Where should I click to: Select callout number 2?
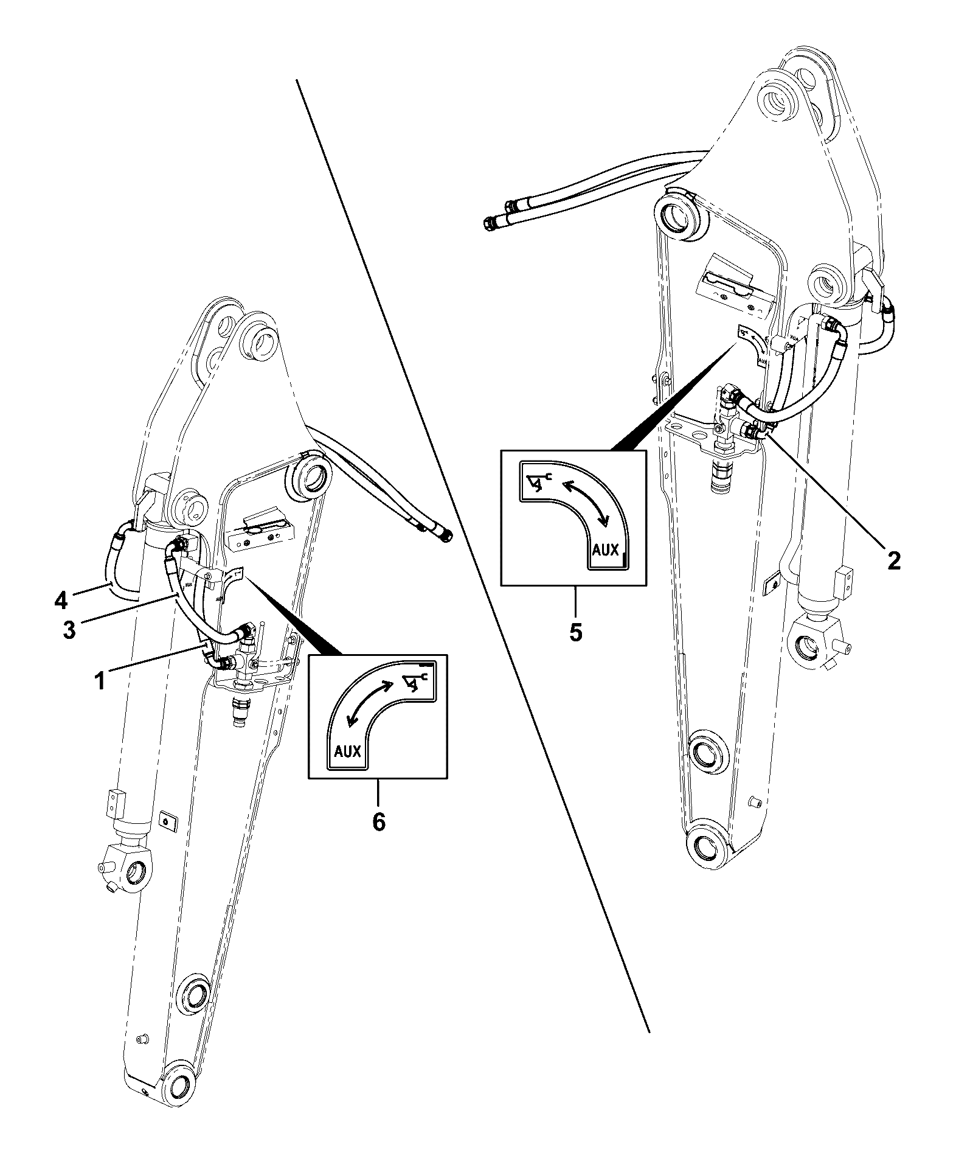point(893,560)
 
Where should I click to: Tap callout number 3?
point(69,629)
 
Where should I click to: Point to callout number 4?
point(60,601)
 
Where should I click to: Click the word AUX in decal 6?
point(347,751)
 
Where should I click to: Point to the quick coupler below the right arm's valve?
point(722,476)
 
